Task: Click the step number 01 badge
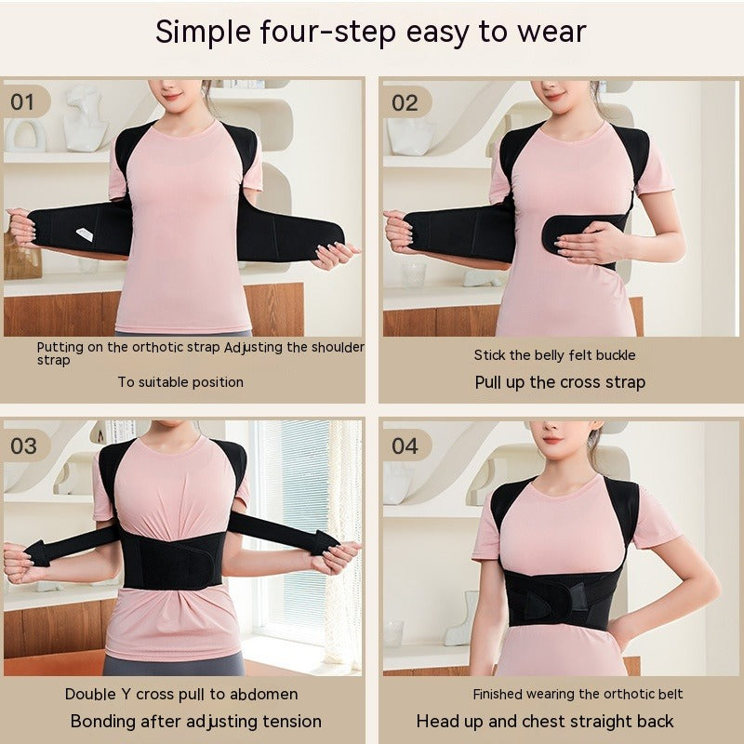22,101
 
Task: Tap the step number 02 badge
405,102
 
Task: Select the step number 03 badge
24,445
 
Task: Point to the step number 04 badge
405,445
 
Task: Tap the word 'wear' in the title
549,32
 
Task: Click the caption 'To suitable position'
180,381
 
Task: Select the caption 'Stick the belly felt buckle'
554,354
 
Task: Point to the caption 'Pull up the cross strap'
560,382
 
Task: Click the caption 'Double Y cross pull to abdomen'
181,694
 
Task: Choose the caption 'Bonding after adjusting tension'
196,722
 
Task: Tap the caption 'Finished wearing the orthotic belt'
578,694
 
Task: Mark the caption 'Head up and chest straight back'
545,722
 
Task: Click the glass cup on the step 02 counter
413,274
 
